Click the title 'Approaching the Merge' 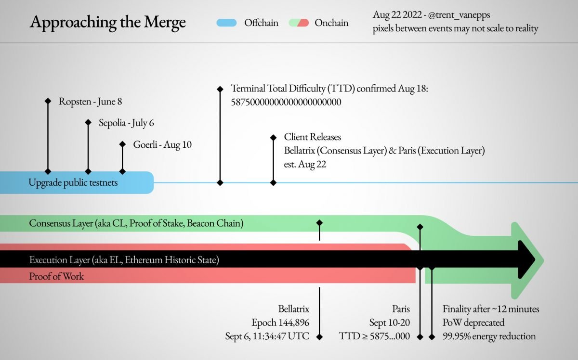[107, 22]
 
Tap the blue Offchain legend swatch [226, 23]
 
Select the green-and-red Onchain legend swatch [299, 23]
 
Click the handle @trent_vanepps [459, 15]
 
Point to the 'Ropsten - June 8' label [91, 102]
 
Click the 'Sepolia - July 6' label [126, 123]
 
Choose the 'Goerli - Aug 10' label [162, 145]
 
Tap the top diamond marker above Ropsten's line [48, 101]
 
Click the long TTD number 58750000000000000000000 [286, 102]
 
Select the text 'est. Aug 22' [305, 164]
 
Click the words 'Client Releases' [313, 137]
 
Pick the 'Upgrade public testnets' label [73, 182]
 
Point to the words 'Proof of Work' [56, 276]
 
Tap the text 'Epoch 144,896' [280, 322]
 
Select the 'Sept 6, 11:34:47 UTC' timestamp [267, 336]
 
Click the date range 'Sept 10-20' [390, 322]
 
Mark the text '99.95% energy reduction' [489, 336]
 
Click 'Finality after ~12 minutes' [491, 309]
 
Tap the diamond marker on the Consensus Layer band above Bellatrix [319, 222]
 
